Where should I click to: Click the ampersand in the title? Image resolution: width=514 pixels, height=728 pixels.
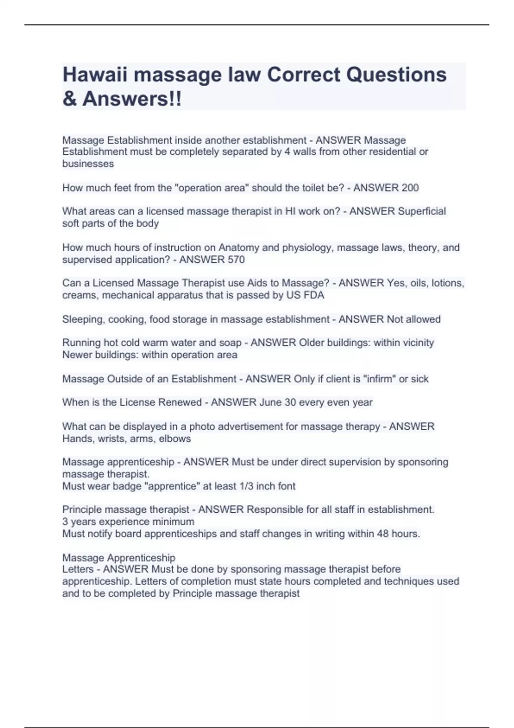69,99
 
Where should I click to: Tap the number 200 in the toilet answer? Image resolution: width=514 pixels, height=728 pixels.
409,188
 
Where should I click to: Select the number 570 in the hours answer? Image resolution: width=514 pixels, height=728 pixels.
236,260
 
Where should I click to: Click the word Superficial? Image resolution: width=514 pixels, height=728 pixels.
422,211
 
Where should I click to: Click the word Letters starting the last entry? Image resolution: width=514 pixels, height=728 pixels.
78,569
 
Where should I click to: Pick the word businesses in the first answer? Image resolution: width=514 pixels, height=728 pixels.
88,164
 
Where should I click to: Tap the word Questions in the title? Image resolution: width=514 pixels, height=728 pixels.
396,75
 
